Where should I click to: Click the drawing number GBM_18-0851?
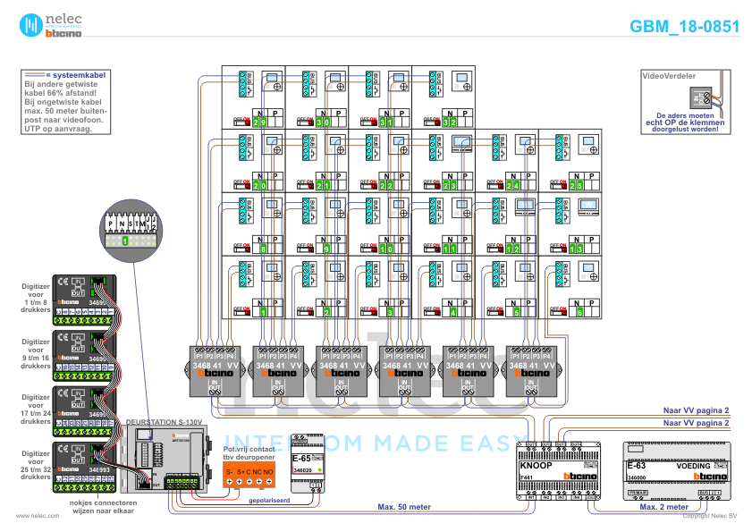(x=684, y=27)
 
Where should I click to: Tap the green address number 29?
(x=260, y=122)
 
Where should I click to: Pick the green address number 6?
(x=579, y=312)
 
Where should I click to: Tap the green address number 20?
(x=260, y=185)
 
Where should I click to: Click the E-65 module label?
(x=303, y=459)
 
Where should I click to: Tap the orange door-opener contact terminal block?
(x=249, y=475)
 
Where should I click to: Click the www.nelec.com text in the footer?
(x=31, y=516)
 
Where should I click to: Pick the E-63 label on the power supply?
(x=636, y=466)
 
